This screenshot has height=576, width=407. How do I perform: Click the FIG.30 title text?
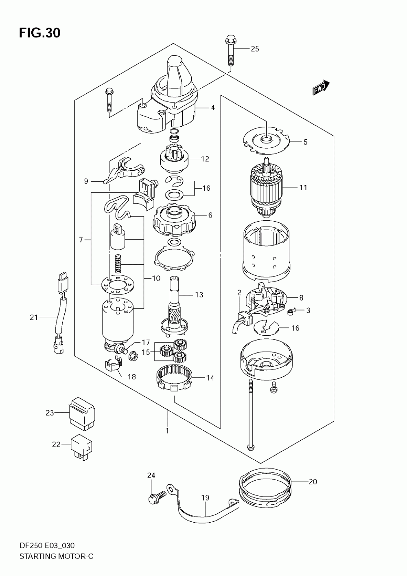coord(40,33)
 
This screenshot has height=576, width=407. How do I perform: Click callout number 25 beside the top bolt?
coord(255,48)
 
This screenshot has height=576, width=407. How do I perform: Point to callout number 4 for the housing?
coord(213,107)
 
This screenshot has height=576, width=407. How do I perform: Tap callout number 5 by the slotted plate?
coord(305,142)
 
